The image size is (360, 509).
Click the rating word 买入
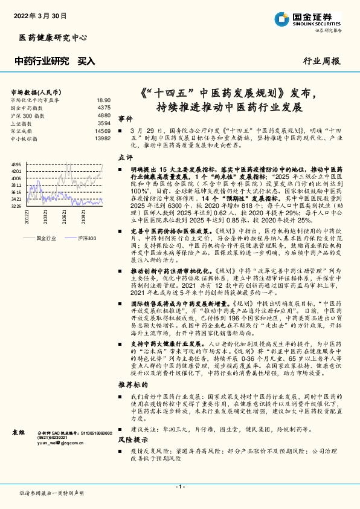(86, 60)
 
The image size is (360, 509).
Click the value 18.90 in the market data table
(103, 100)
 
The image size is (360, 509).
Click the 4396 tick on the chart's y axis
(16, 164)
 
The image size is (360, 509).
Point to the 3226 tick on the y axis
(16, 206)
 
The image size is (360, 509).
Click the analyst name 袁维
(18, 432)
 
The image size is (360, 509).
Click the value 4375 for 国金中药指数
(104, 108)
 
